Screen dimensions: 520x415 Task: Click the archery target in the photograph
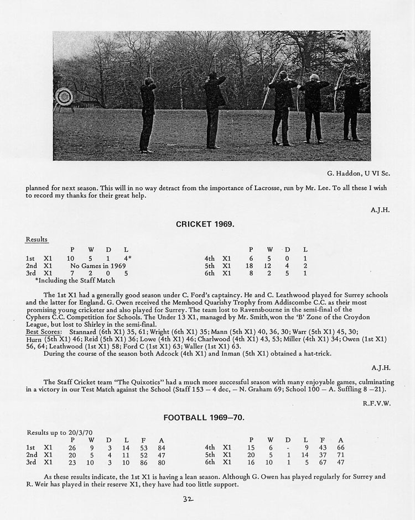(64, 98)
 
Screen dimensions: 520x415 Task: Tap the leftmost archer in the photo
(147, 113)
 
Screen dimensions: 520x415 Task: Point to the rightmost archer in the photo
(352, 108)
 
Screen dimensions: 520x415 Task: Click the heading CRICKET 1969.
(205, 224)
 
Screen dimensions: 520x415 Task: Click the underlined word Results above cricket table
(37, 240)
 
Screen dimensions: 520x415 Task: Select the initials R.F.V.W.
(378, 403)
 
